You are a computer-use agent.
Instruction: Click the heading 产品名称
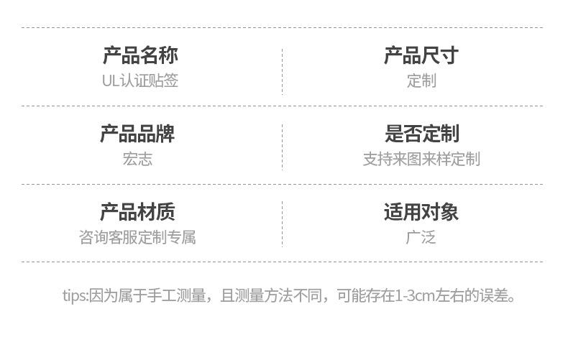140,55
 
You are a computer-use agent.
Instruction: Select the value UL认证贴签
140,80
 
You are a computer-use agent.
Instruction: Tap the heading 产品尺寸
421,55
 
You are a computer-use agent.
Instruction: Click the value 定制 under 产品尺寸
421,80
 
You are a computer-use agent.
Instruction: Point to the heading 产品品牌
137,134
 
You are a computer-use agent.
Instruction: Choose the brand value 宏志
137,159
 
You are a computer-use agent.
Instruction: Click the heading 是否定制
421,134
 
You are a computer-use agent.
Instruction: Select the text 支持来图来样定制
421,159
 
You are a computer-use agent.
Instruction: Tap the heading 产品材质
137,212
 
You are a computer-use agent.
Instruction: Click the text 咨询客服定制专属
137,237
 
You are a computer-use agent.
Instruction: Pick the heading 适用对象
421,212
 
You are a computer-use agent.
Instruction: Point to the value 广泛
421,237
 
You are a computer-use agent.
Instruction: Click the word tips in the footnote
74,295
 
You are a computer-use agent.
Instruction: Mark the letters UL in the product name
110,80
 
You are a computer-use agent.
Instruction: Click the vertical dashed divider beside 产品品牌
282,147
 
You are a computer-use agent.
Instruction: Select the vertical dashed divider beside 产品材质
282,224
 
